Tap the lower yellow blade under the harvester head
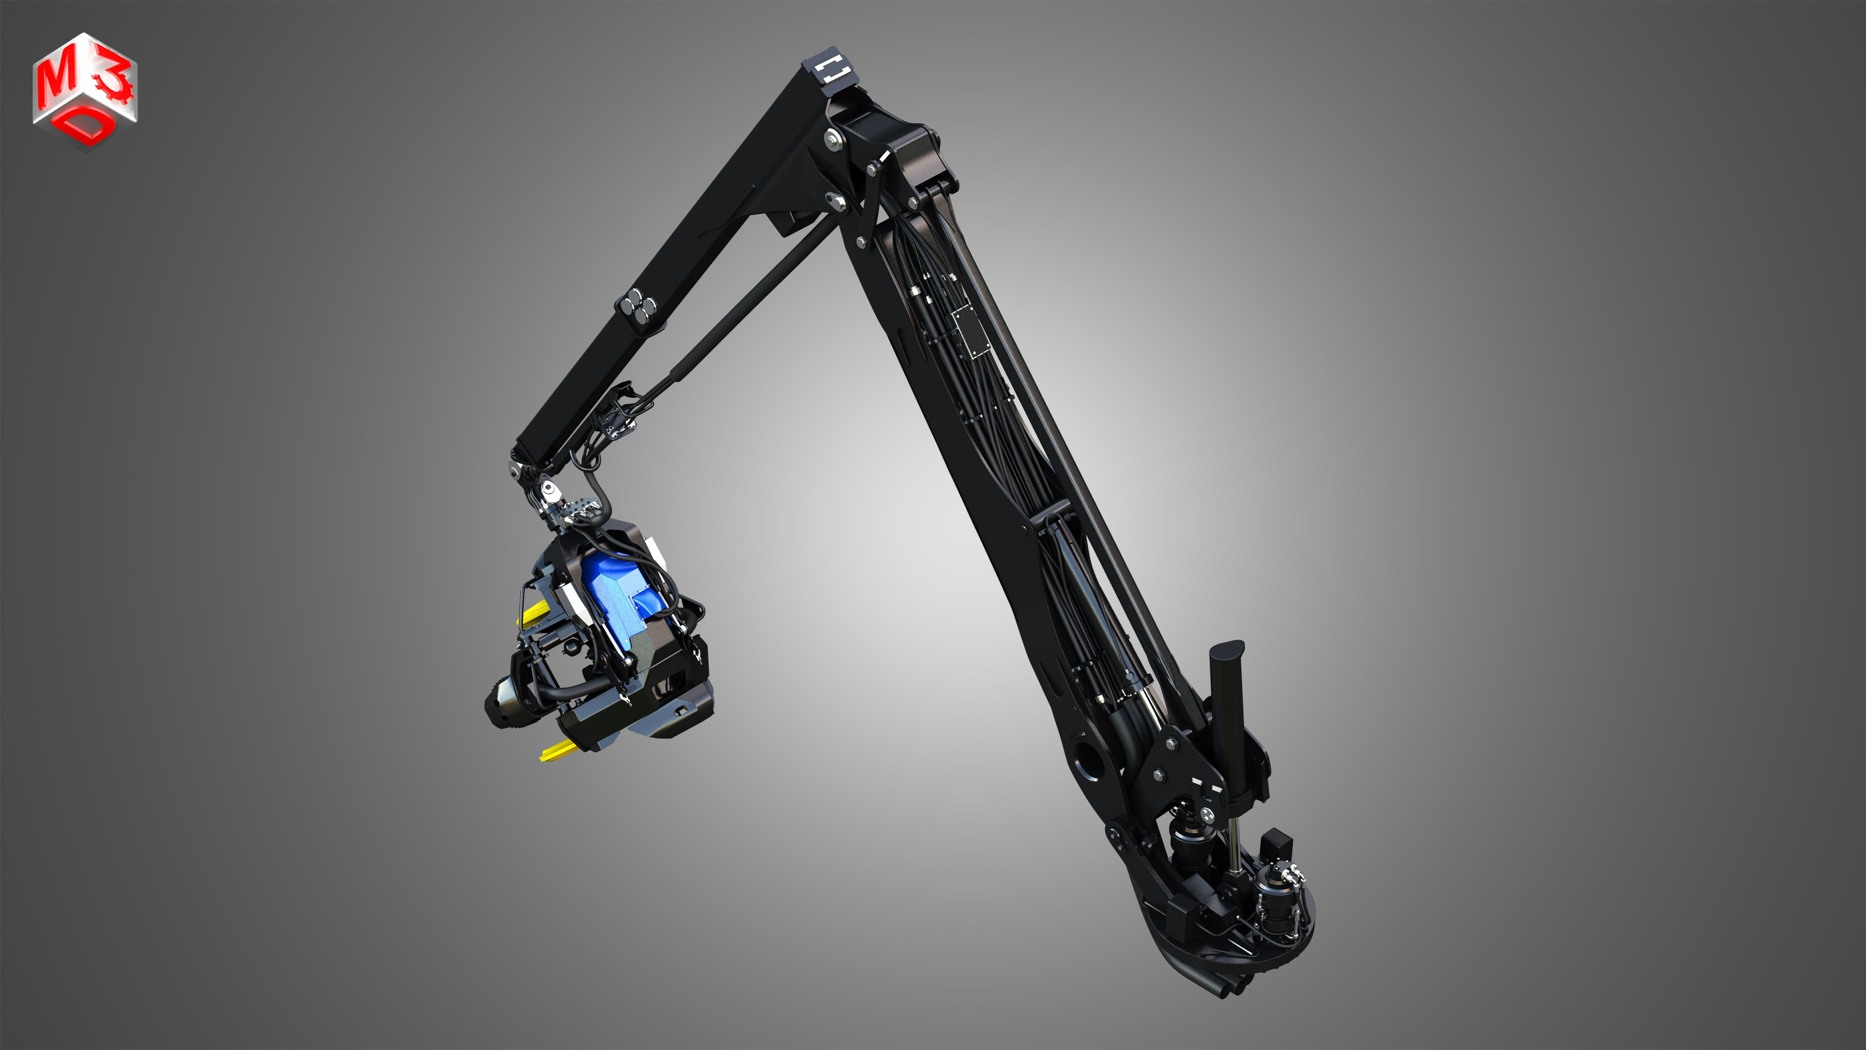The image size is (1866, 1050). pyautogui.click(x=558, y=749)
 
